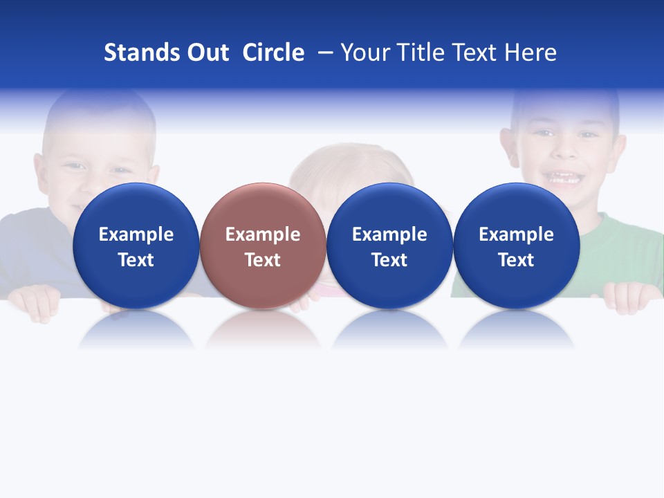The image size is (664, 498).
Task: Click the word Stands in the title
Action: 136,53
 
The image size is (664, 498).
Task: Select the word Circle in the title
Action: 273,53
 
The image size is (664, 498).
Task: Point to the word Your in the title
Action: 364,53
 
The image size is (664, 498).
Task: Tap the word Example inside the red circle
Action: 263,234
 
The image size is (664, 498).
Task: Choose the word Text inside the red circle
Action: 263,260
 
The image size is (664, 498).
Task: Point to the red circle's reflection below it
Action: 263,331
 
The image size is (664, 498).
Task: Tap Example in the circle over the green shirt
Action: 517,234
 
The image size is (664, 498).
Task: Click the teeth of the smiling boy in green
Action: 566,178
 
